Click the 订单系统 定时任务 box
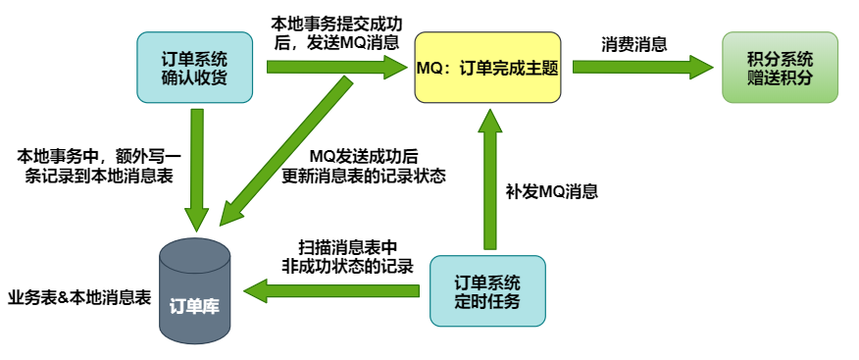[x=487, y=291]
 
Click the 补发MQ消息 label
[x=551, y=192]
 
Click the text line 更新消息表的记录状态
[x=364, y=177]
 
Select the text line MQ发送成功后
[x=364, y=157]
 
